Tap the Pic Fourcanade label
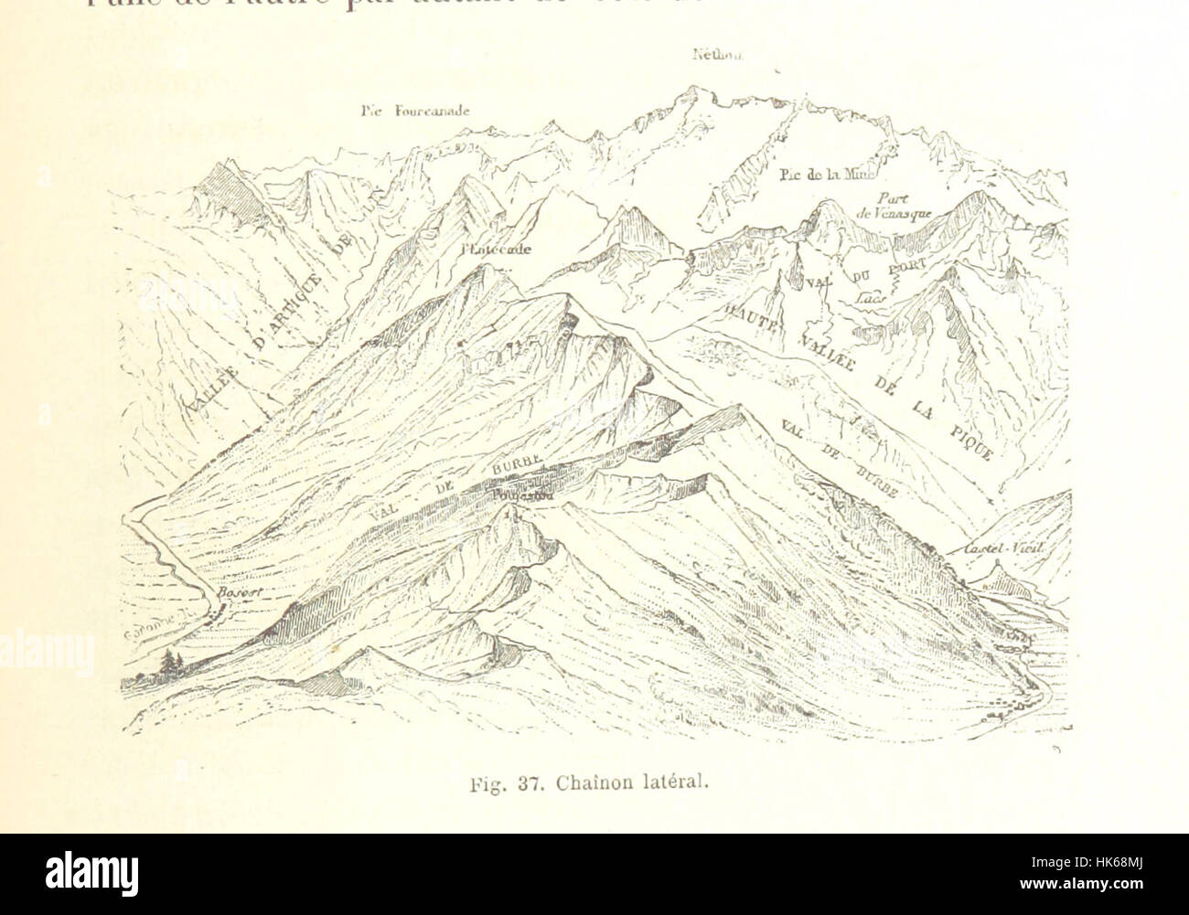click(414, 112)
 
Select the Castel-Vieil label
click(1003, 549)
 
